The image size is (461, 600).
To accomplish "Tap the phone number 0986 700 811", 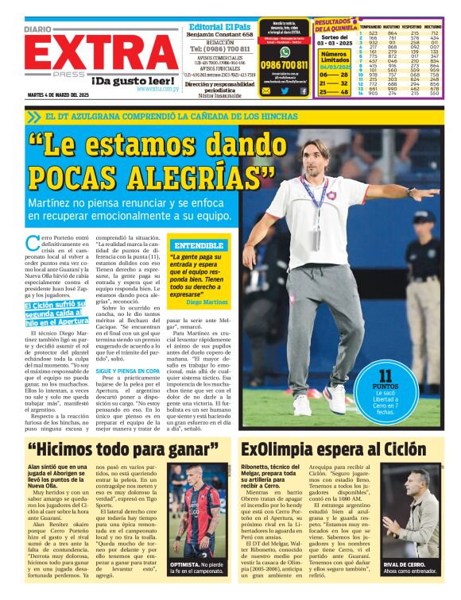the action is pyautogui.click(x=284, y=65).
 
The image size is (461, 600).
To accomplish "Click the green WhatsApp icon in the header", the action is pyautogui.click(x=284, y=51).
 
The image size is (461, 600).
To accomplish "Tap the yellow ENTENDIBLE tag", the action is pyautogui.click(x=198, y=245).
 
